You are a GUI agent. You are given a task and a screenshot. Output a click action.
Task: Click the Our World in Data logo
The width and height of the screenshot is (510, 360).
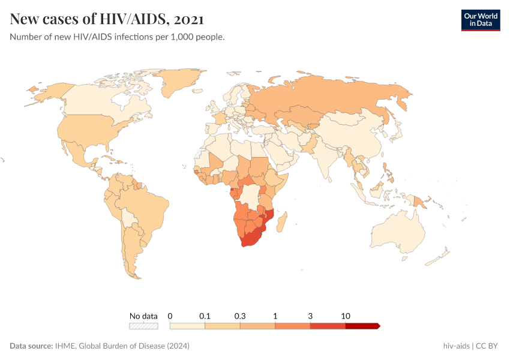pyautogui.click(x=480, y=20)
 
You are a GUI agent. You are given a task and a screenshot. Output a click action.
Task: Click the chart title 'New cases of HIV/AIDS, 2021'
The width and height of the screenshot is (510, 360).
pyautogui.click(x=107, y=19)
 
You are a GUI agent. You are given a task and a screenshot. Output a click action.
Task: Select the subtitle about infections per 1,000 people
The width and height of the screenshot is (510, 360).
pyautogui.click(x=117, y=37)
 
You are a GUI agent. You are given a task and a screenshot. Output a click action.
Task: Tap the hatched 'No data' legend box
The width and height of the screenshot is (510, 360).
pyautogui.click(x=143, y=326)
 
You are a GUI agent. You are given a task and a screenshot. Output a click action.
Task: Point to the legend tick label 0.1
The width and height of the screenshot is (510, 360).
pyautogui.click(x=205, y=316)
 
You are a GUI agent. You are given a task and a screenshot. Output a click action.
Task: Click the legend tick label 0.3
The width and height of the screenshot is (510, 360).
pyautogui.click(x=240, y=316)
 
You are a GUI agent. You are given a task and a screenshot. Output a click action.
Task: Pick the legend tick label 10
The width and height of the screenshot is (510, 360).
pyautogui.click(x=346, y=316)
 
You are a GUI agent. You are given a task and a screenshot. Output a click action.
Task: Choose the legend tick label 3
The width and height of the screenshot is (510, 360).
pyautogui.click(x=310, y=316)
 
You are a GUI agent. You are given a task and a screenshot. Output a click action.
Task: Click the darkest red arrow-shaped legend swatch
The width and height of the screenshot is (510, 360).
pyautogui.click(x=362, y=326)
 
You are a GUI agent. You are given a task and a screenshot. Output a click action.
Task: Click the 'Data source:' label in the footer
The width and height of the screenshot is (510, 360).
pyautogui.click(x=31, y=346)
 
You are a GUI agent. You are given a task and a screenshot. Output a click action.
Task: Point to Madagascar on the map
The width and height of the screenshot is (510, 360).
pyautogui.click(x=283, y=220)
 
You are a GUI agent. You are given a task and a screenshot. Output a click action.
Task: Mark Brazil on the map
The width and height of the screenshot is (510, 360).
pyautogui.click(x=142, y=207)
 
